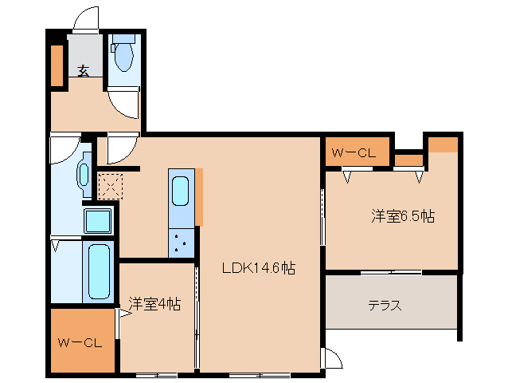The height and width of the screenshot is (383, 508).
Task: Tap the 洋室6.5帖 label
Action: tap(402, 215)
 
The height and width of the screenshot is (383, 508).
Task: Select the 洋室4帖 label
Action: tap(154, 303)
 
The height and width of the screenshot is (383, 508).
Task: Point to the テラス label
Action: tap(384, 305)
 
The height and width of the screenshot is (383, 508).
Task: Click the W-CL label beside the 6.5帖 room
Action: tap(354, 153)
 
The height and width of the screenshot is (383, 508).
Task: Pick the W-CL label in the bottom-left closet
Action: tap(80, 343)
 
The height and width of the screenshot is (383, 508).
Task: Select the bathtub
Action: tap(98, 272)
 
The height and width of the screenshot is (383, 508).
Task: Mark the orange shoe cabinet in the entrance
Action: tap(57, 66)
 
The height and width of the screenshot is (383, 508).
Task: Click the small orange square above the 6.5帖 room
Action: tap(444, 144)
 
